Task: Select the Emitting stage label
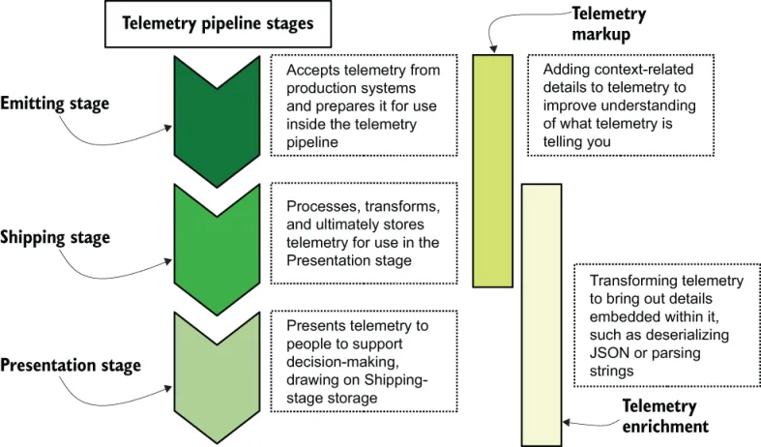55,104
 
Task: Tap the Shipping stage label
55,237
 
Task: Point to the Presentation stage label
71,366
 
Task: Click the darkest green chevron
217,120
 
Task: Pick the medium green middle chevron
217,248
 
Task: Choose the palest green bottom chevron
217,376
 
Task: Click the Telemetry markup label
608,25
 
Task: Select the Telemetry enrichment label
664,416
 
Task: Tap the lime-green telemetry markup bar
492,170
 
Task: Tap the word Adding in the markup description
567,70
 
